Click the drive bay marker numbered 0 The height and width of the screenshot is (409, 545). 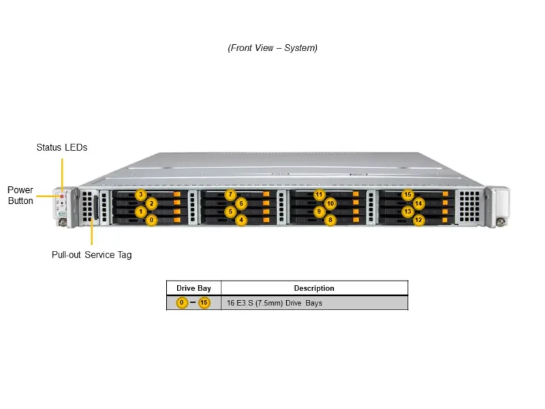click(151, 220)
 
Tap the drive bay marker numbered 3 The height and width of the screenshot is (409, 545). click(140, 195)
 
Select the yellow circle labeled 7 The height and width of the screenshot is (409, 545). click(230, 195)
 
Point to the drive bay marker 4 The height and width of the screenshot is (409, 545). click(241, 220)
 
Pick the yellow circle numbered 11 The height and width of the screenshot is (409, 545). click(319, 195)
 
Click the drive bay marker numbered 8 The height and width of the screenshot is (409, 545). click(330, 220)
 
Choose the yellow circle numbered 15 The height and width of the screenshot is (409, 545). click(407, 195)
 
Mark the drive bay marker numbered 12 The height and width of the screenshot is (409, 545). click(418, 220)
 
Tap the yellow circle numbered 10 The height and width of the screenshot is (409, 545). click(330, 203)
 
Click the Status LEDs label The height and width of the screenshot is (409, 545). click(62, 147)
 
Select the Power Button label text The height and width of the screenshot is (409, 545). click(20, 196)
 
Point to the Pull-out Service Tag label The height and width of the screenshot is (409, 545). click(92, 255)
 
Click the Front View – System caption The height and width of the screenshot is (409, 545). click(272, 48)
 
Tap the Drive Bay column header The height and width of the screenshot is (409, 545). click(194, 288)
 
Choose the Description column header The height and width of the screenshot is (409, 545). click(314, 288)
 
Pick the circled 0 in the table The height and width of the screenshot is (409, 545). click(182, 303)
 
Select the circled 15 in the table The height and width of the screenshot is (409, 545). click(204, 303)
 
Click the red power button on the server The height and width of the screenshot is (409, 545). click(62, 196)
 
